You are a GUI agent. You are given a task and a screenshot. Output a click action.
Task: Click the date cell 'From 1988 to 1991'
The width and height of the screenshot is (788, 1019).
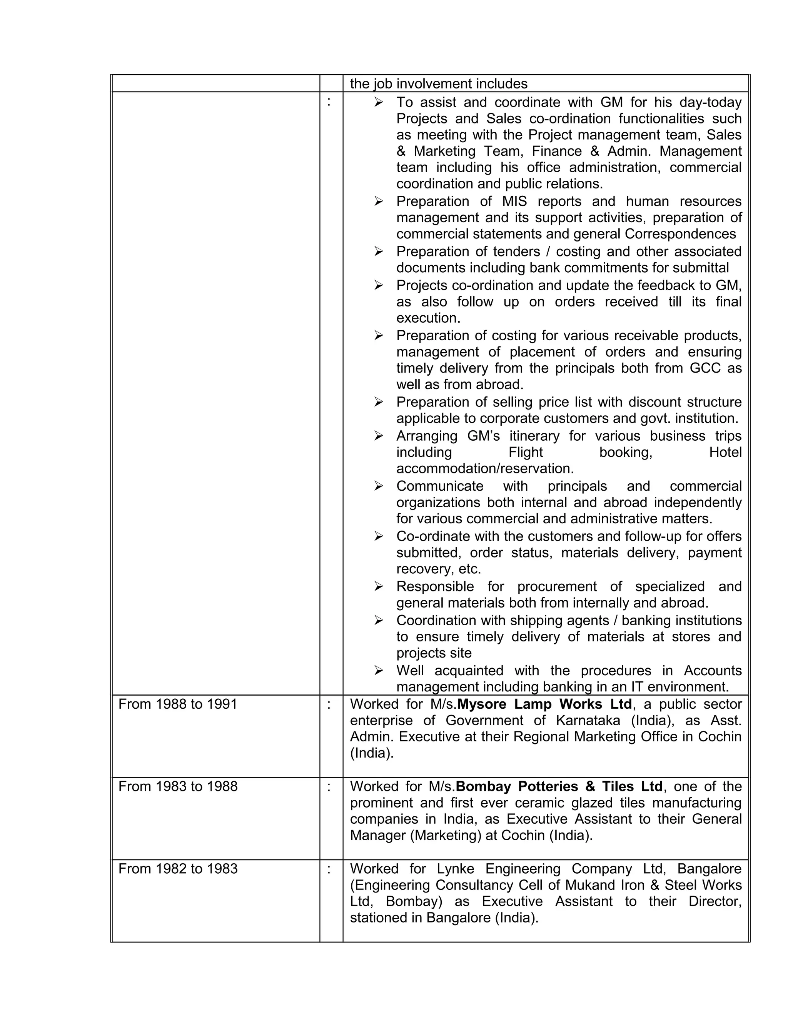pos(178,704)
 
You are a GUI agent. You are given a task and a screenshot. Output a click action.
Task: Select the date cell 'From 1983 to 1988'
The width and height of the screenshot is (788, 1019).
pos(178,786)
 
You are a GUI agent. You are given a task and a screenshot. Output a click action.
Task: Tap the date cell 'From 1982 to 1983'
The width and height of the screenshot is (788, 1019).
pos(178,869)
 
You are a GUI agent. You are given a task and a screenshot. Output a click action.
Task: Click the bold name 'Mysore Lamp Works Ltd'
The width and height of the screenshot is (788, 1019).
pos(544,704)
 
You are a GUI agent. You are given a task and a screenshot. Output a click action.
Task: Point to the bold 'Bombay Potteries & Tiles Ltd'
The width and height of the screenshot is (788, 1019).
pos(559,786)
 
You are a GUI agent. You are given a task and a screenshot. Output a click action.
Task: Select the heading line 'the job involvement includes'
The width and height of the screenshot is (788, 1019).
pos(438,84)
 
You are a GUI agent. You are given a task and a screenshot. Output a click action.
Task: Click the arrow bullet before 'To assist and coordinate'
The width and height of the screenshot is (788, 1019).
pos(379,102)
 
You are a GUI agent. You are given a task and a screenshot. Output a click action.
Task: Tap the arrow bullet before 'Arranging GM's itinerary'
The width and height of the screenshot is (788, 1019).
pos(379,436)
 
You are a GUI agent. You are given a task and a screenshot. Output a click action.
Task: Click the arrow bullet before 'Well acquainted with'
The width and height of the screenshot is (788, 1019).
pos(379,671)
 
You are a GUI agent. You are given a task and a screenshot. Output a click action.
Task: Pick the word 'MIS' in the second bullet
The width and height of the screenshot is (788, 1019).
pos(514,201)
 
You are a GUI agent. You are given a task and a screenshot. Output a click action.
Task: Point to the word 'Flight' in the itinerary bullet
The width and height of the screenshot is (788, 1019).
pos(526,452)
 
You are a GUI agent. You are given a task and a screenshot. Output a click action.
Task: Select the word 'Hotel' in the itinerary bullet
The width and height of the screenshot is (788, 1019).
pos(725,452)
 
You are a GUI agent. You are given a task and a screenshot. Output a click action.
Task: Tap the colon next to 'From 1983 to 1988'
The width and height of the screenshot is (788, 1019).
pos(329,786)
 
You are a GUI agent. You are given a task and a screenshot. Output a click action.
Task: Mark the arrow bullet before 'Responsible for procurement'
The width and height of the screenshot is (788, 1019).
pos(379,586)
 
